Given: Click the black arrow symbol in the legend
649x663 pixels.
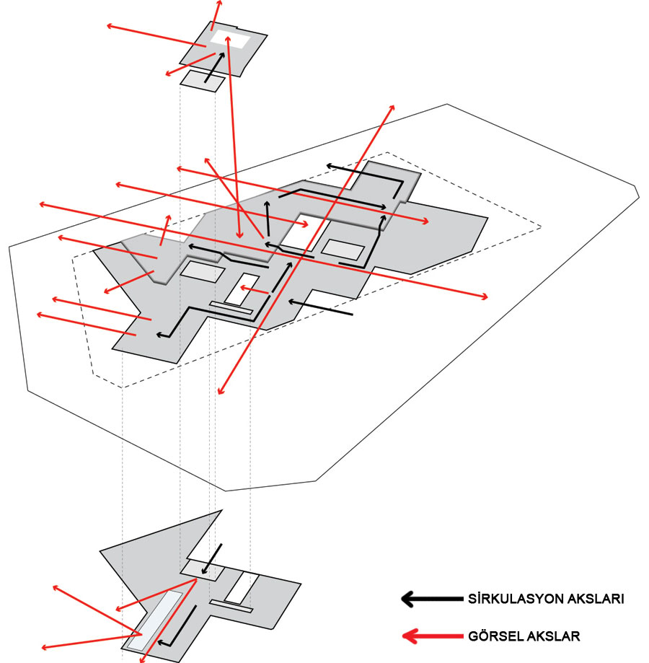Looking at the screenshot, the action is tap(431, 599).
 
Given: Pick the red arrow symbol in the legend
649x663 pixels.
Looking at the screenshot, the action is tap(432, 636).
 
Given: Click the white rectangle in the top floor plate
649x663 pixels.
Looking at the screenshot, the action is tap(230, 40).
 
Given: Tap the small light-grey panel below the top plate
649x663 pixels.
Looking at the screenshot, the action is tap(203, 81).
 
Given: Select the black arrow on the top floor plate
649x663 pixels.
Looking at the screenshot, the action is tap(215, 67).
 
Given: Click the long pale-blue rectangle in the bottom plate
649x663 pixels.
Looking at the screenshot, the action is tap(154, 620).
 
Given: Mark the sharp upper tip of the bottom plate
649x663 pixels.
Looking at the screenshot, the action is tap(221, 510).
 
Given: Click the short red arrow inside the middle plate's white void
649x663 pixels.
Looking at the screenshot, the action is tap(255, 290).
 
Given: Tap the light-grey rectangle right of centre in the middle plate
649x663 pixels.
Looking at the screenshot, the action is tap(343, 250).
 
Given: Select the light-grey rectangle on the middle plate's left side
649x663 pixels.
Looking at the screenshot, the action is tap(203, 272).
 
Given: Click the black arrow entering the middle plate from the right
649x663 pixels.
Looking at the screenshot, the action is tap(320, 307).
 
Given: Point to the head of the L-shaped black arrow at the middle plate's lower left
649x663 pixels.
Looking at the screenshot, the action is tap(160, 335).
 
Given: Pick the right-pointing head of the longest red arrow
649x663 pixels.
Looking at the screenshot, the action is tap(484, 297).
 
